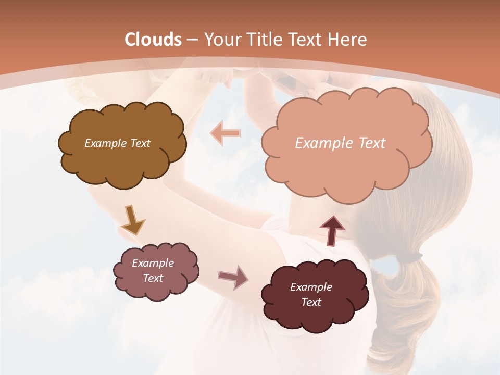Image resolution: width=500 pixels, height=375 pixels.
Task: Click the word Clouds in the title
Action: tap(153, 40)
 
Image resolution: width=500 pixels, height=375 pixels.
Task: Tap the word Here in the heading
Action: tap(348, 40)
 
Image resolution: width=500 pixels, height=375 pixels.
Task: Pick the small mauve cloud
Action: tap(156, 271)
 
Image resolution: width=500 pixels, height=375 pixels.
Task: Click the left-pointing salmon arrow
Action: tap(225, 133)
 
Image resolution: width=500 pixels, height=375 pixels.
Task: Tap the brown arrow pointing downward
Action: tap(132, 220)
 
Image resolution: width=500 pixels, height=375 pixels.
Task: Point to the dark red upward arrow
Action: tap(332, 230)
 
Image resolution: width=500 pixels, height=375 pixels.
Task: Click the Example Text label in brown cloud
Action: tap(117, 143)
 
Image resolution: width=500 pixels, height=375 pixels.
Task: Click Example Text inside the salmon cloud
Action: tap(340, 143)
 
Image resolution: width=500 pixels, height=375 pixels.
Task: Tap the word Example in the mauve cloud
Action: tap(153, 263)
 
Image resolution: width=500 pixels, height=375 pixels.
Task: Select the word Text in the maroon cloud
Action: tap(311, 302)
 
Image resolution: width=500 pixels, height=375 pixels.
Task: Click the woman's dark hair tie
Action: tap(411, 256)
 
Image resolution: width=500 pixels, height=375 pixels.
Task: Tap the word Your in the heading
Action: tap(223, 40)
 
